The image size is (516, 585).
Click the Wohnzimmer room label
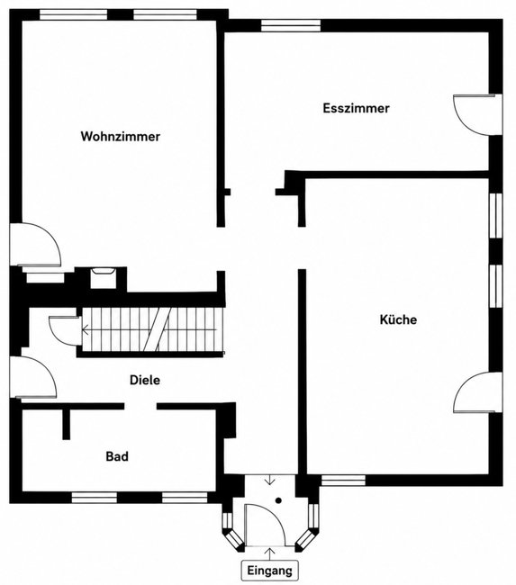click(121, 137)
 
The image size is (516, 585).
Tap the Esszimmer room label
click(356, 108)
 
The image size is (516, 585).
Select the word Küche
click(398, 319)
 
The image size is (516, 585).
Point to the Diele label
click(145, 380)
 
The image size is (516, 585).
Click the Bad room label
click(117, 456)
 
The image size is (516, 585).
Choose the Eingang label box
click(269, 571)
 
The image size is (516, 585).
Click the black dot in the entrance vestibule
click(278, 500)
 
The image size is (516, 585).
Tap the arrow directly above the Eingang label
click(269, 553)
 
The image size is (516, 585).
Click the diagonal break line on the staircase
click(158, 329)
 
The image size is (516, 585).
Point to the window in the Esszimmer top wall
click(291, 25)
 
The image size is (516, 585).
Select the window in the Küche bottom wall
click(343, 481)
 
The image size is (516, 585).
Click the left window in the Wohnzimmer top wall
click(74, 14)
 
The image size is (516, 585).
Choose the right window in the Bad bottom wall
click(185, 498)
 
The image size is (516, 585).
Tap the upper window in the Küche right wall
click(496, 215)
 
